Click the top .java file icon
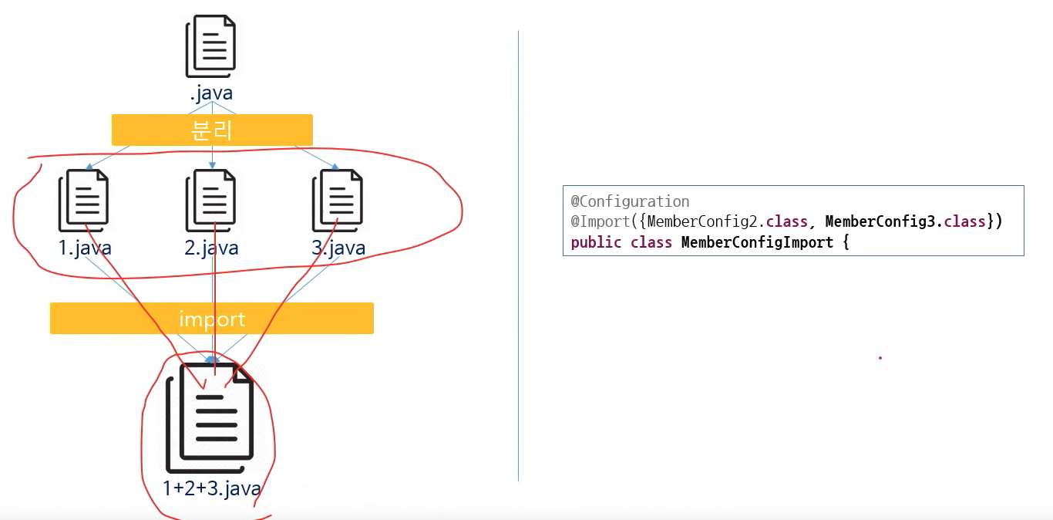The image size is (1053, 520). coord(210,47)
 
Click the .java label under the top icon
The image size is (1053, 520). coord(211,93)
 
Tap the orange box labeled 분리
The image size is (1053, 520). coord(212,130)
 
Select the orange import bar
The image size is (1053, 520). coord(212,319)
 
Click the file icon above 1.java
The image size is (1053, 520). coord(83,201)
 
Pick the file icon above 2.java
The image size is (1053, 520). coord(210,201)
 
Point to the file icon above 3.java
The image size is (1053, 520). coord(337,201)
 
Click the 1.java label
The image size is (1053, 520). coord(85,248)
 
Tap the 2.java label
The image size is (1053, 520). coord(211,248)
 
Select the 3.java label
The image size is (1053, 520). coord(338,248)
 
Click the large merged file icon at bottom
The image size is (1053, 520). coord(210,418)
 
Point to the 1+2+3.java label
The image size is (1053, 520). coord(211,488)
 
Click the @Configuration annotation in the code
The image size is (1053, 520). coord(630,201)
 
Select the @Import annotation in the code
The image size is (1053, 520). coord(600,221)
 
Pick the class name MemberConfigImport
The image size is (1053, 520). coord(757,242)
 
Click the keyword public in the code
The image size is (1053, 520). coord(596,242)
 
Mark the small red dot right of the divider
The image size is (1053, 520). coord(880,358)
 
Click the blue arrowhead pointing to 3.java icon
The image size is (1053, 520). coord(335,166)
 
